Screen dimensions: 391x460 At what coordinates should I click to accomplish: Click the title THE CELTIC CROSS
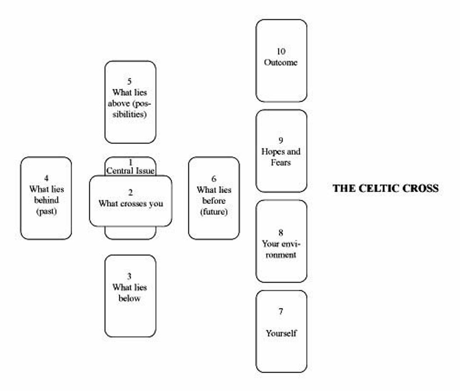[x=385, y=188]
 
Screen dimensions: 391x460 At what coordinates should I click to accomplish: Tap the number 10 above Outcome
[x=281, y=52]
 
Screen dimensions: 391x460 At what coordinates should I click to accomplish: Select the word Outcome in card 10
[x=281, y=62]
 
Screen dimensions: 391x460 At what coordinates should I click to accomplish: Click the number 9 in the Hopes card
[x=281, y=141]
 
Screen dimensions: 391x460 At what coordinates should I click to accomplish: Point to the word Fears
[x=281, y=162]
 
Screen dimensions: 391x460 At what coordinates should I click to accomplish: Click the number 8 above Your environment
[x=281, y=233]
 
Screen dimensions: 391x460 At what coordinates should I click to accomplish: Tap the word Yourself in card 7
[x=281, y=333]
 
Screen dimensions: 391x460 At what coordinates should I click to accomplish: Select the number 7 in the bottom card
[x=281, y=312]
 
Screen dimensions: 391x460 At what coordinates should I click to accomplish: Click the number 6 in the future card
[x=214, y=179]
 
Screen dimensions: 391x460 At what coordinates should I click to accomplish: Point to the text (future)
[x=214, y=212]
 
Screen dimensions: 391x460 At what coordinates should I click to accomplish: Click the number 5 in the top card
[x=130, y=81]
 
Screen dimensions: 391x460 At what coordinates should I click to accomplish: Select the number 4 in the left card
[x=46, y=178]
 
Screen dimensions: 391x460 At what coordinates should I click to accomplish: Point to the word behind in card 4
[x=46, y=200]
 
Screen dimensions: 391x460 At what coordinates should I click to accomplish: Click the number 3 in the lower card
[x=129, y=276]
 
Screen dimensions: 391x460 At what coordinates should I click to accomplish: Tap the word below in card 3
[x=129, y=298]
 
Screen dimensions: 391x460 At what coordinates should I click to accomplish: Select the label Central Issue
[x=130, y=171]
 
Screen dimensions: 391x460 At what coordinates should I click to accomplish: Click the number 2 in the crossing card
[x=130, y=193]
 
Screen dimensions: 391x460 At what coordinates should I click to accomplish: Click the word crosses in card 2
[x=131, y=204]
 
